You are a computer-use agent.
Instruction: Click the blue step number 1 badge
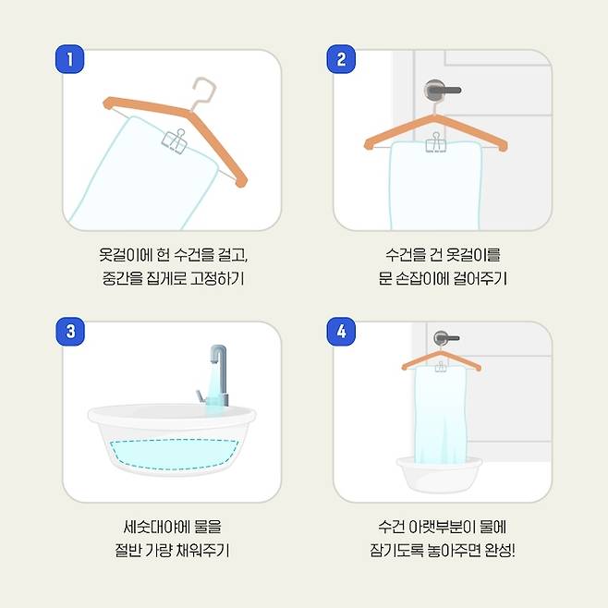tap(70, 59)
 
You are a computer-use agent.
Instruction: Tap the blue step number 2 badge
tap(341, 59)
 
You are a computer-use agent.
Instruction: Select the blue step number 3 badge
tap(70, 332)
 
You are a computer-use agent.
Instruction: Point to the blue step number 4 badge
tap(341, 332)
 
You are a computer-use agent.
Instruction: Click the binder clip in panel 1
tap(175, 141)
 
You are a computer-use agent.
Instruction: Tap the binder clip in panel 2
tap(436, 142)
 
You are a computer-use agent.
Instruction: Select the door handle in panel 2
tap(442, 90)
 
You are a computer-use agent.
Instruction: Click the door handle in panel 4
tap(445, 338)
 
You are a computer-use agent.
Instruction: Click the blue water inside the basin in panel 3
tap(173, 454)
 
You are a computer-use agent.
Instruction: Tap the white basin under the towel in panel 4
tap(439, 474)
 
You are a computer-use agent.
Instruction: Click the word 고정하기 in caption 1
tap(217, 278)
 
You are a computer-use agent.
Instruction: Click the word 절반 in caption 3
tap(128, 550)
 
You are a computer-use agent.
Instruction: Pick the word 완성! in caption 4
tap(500, 550)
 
